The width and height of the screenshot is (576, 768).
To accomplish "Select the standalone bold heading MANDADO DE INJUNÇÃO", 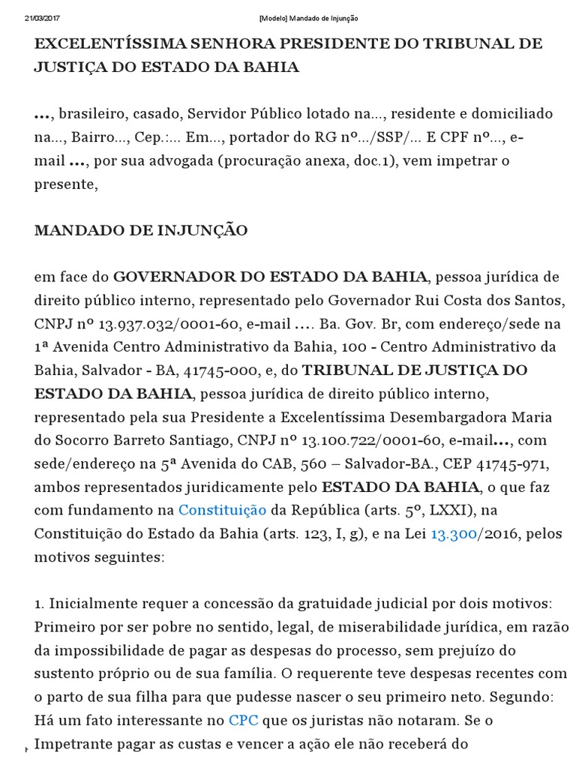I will point(141,231).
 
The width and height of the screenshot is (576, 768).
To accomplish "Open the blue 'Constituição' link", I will point(222,511).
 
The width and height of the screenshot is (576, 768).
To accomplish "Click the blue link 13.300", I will point(454,534).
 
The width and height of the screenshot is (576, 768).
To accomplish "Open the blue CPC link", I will point(242,719).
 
